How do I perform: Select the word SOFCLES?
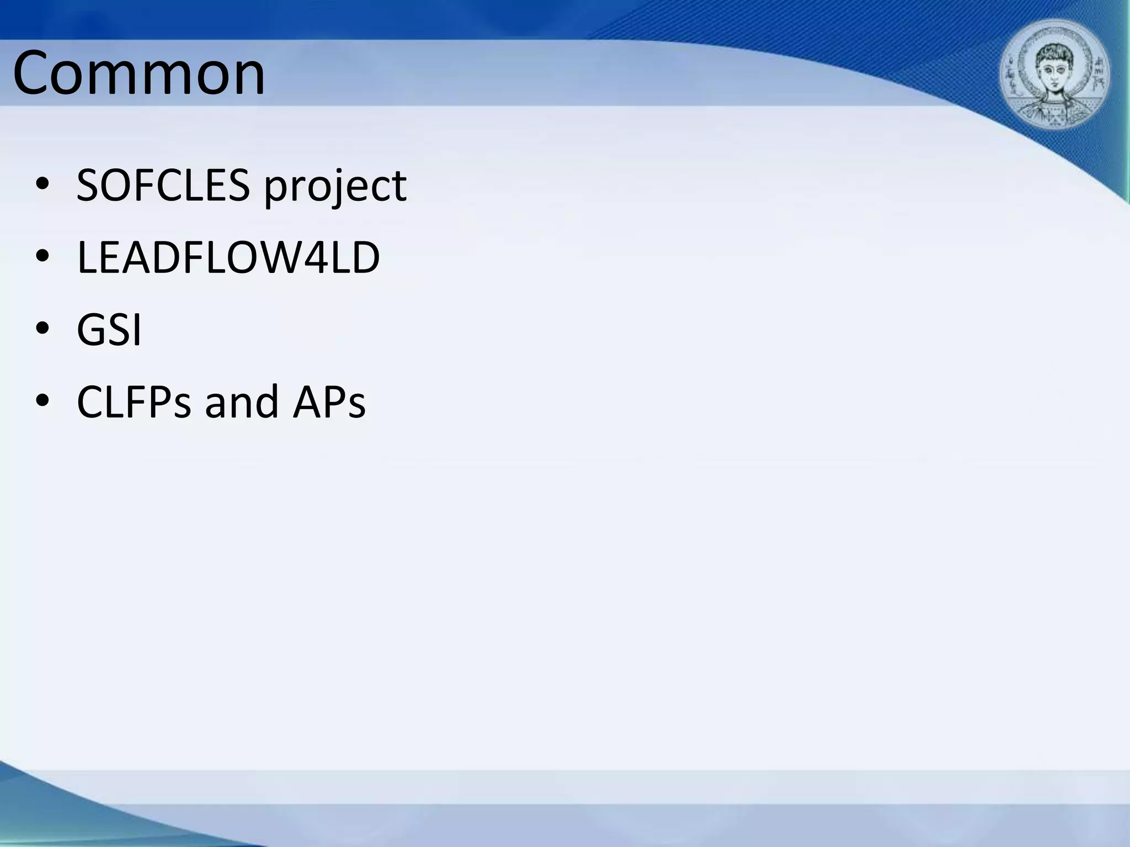[163, 185]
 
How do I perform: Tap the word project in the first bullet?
[335, 187]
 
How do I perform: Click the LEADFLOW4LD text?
[228, 258]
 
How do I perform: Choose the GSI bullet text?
[109, 330]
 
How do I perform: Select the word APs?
[329, 402]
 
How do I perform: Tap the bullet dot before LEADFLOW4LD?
[42, 258]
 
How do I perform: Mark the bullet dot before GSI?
[42, 330]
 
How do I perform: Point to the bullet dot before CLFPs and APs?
[42, 402]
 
